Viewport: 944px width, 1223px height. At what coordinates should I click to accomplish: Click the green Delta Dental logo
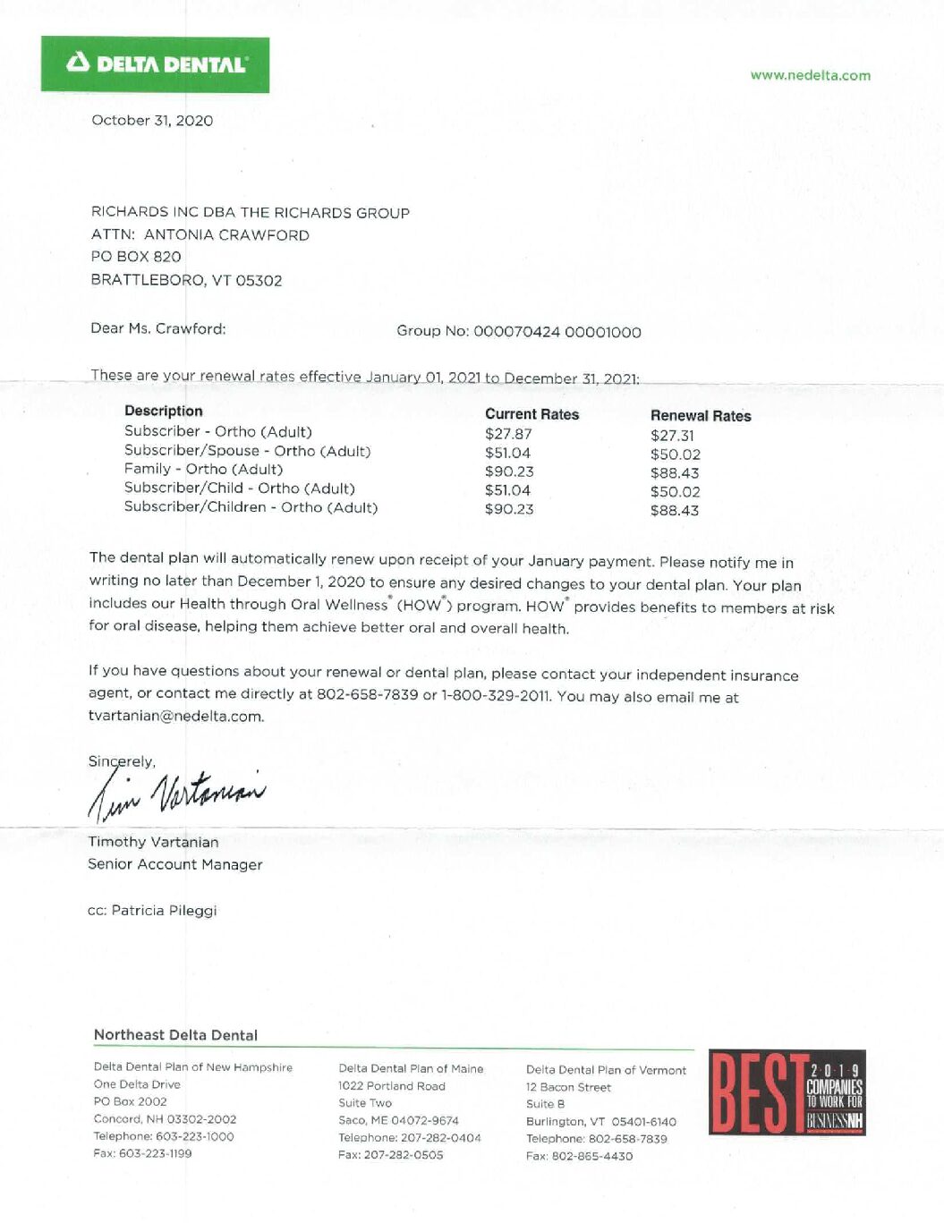click(155, 64)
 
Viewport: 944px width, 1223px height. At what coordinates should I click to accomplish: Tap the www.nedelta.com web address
click(810, 75)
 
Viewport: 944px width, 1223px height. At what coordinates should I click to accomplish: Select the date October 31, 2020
click(152, 120)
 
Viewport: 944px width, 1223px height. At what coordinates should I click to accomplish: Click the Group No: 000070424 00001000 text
click(518, 331)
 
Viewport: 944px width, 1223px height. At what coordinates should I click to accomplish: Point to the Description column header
click(163, 411)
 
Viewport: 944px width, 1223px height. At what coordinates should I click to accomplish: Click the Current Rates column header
click(532, 414)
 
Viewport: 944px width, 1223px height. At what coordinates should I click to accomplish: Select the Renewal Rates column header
click(700, 415)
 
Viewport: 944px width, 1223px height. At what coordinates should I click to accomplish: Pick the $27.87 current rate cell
click(508, 434)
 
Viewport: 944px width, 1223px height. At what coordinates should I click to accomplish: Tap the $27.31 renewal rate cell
click(672, 436)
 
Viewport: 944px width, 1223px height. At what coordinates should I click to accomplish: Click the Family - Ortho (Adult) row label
click(203, 469)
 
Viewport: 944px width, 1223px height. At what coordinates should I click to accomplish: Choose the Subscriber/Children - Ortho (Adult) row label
click(251, 507)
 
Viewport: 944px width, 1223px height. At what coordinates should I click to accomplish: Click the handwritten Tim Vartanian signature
click(176, 794)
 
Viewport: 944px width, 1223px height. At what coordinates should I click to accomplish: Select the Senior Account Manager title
click(174, 864)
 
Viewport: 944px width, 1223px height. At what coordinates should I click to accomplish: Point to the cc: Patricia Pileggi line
click(152, 910)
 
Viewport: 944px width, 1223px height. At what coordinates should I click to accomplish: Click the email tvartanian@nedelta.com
click(175, 716)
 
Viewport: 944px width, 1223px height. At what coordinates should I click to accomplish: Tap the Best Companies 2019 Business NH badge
click(787, 1092)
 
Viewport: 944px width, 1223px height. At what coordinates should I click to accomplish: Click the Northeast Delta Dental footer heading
click(175, 1035)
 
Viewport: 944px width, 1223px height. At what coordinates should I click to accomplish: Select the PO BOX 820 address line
click(135, 257)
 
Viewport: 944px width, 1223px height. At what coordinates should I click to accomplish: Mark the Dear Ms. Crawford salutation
click(157, 328)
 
